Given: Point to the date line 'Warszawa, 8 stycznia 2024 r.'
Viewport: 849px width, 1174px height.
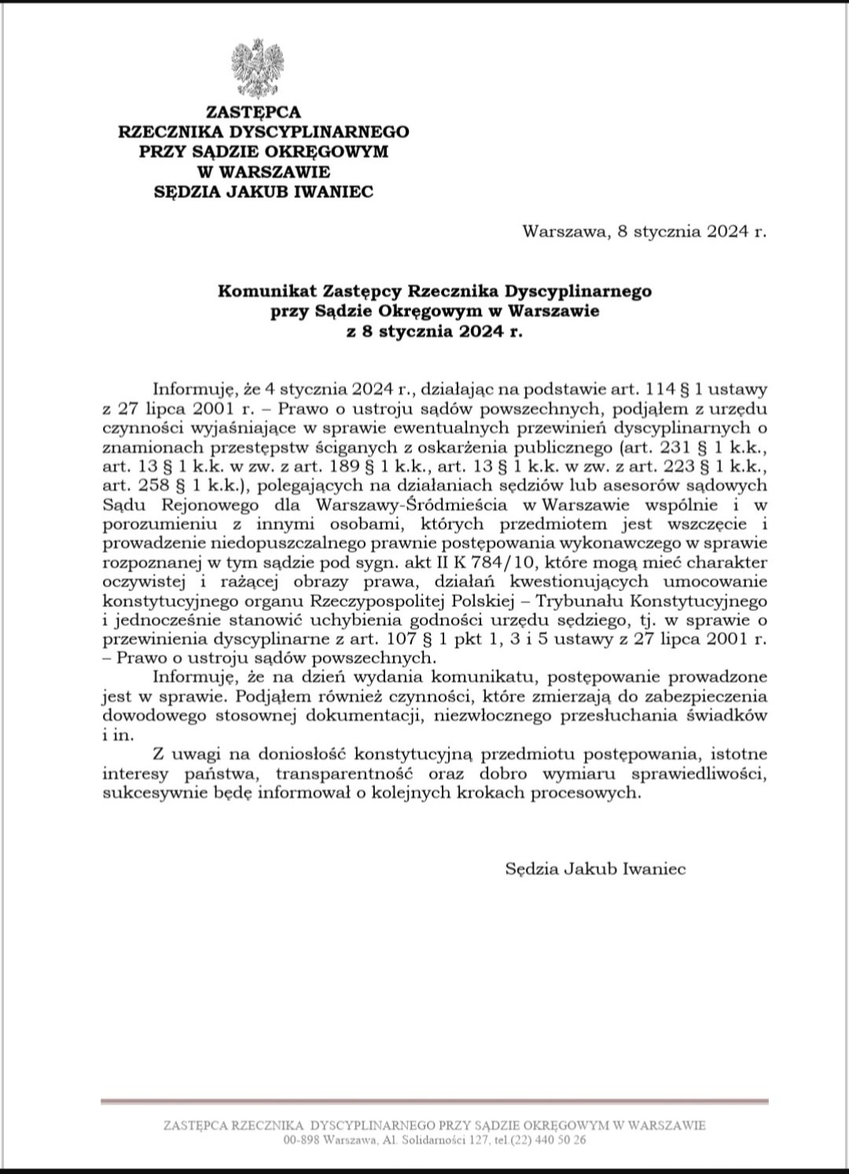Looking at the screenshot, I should [644, 232].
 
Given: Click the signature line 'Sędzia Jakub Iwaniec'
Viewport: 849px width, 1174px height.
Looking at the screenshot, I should [595, 869].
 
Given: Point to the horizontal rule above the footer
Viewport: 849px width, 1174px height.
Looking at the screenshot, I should [435, 1102].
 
